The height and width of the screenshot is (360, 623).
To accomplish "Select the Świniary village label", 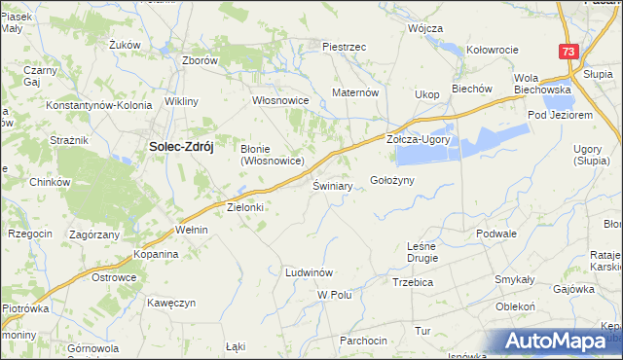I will pyautogui.click(x=332, y=185).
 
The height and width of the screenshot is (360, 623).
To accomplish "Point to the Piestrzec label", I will pyautogui.click(x=344, y=46).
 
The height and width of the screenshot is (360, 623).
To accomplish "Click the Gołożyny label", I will pyautogui.click(x=393, y=180).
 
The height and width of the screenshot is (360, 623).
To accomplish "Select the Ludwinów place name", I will pyautogui.click(x=310, y=271).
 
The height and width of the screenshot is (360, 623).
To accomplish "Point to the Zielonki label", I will pyautogui.click(x=245, y=207).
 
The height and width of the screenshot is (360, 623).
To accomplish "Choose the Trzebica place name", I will pyautogui.click(x=412, y=282).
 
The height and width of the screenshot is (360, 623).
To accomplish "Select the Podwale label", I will pyautogui.click(x=495, y=234).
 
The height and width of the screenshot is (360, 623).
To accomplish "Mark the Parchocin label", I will pyautogui.click(x=363, y=340).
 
